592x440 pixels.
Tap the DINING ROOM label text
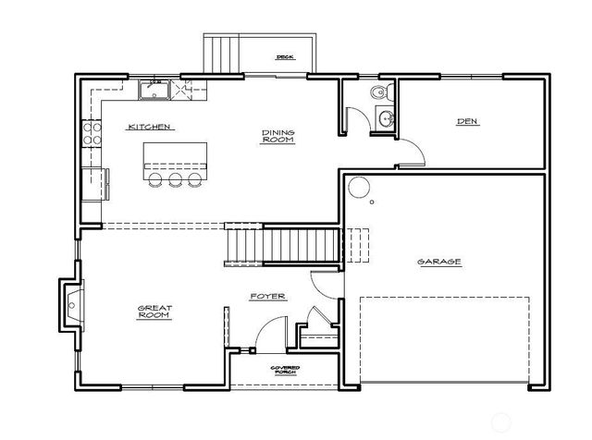tap(277, 137)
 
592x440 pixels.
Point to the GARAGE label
tap(439, 262)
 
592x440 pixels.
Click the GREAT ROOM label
tap(155, 312)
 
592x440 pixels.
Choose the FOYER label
tap(267, 297)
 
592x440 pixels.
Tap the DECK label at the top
tap(284, 57)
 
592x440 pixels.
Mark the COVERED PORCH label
tap(283, 371)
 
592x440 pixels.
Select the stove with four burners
tap(91, 133)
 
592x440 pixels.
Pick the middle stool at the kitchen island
tap(175, 179)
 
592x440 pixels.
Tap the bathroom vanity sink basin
tap(386, 117)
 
